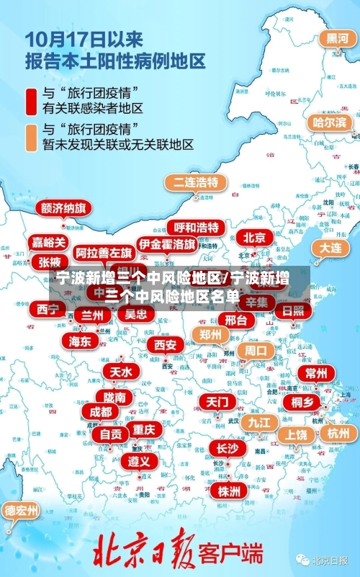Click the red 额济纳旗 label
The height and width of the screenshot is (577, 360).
63,208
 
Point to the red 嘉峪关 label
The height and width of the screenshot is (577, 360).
49,243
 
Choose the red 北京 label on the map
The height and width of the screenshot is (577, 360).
254,237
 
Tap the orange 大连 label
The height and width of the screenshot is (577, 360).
331,247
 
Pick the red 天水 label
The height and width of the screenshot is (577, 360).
120,372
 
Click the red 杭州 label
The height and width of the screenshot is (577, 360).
338,433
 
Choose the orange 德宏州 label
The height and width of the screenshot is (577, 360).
22,511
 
